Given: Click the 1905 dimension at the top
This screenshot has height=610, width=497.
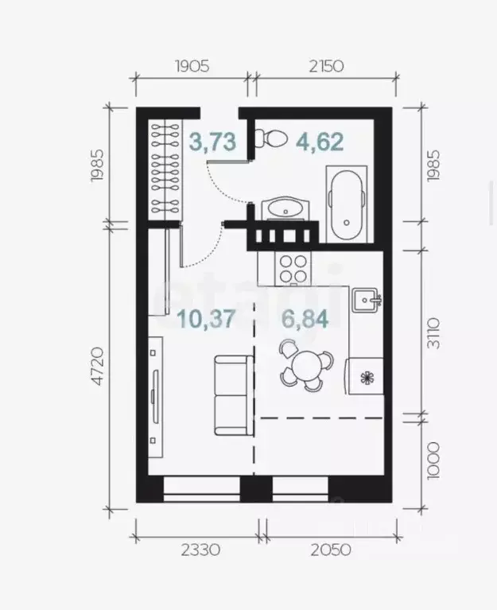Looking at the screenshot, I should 191,66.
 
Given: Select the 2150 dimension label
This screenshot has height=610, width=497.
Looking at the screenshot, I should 325,66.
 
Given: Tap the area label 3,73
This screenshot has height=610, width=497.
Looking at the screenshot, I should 212,142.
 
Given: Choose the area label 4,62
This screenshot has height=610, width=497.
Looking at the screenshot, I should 320,142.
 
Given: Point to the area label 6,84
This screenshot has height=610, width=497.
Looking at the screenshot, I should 301,320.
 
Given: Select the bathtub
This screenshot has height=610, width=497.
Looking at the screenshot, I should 346,203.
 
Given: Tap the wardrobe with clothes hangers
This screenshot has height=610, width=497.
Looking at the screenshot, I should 166,167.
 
